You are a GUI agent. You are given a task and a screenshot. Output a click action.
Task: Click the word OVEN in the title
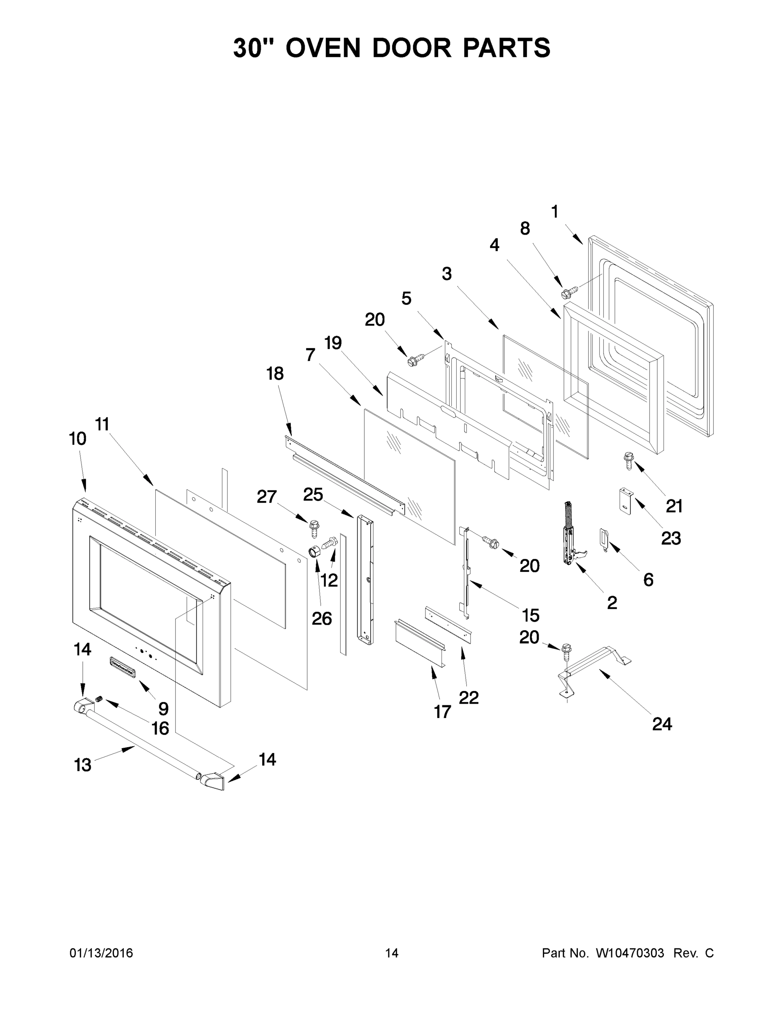tap(323, 48)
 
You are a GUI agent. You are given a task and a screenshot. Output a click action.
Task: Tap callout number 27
tap(267, 497)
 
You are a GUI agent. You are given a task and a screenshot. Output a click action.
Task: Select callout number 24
tap(662, 723)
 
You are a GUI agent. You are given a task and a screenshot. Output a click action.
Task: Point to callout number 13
tap(83, 765)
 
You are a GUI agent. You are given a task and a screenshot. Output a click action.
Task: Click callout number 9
tap(163, 708)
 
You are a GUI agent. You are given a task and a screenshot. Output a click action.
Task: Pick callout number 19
tap(333, 343)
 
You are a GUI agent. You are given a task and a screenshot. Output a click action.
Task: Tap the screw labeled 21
tap(629, 461)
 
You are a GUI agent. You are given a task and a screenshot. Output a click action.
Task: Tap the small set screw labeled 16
tap(98, 699)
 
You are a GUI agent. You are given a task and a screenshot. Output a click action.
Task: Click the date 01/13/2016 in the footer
tap(101, 953)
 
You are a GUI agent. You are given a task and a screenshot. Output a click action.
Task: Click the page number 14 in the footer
tap(392, 953)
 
